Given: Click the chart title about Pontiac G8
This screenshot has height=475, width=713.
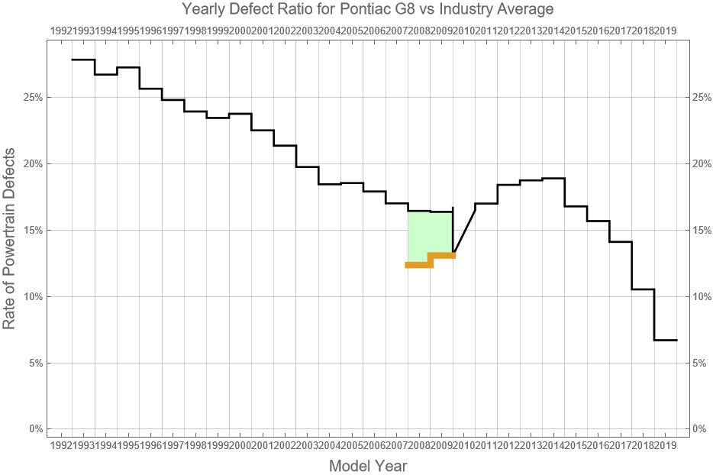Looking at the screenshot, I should (367, 10).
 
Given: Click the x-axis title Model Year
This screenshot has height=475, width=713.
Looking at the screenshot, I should (367, 466).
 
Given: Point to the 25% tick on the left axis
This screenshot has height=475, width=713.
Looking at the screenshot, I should (34, 98).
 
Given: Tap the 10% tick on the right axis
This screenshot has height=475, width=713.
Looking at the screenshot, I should (702, 296).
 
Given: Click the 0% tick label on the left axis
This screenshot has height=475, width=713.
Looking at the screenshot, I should (36, 428).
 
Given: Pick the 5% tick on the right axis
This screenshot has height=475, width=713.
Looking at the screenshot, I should (700, 363).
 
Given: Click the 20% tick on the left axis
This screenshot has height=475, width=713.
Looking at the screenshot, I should (34, 164).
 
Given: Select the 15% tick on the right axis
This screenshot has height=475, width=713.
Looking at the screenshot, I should (702, 230).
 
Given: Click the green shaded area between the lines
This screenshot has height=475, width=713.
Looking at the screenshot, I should (431, 237).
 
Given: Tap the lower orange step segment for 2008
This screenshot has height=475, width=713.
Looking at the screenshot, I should (419, 265).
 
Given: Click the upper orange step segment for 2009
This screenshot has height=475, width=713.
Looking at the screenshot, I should (442, 255).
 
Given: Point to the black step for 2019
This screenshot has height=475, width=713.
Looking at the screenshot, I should (666, 340).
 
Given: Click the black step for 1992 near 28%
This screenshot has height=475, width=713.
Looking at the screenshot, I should (83, 60).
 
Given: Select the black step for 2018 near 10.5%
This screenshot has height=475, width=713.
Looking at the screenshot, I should (644, 289).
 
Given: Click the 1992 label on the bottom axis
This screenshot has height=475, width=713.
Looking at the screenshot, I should (61, 444).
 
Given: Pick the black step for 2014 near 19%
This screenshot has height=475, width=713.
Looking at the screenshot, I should (553, 178).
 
